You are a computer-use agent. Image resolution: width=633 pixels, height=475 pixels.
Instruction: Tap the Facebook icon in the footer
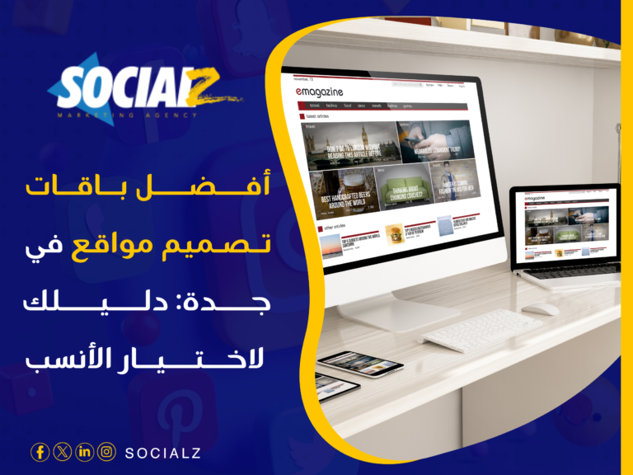click(x=39, y=451)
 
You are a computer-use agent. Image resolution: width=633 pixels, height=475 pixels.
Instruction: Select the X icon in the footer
click(x=62, y=451)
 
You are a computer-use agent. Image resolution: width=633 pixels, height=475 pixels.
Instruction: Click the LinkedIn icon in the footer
click(x=84, y=451)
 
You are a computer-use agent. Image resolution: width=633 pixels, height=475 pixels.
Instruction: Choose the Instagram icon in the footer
click(x=106, y=451)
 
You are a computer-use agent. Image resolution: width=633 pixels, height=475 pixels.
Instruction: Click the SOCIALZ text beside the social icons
click(x=162, y=452)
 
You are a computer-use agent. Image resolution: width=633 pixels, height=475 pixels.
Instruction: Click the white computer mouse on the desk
click(x=541, y=309)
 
